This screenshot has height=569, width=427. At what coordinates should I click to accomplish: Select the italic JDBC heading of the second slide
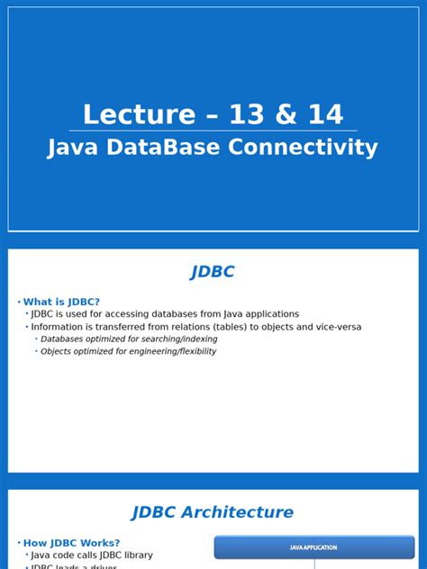click(213, 272)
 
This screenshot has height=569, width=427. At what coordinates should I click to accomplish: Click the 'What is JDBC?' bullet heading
click(61, 302)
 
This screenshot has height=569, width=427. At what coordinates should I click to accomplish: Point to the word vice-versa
click(333, 327)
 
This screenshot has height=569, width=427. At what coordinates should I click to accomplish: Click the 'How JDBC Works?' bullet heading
click(71, 543)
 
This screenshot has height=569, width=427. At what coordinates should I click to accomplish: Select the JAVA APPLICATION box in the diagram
click(313, 547)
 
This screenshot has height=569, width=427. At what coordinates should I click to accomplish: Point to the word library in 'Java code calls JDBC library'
click(135, 555)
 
